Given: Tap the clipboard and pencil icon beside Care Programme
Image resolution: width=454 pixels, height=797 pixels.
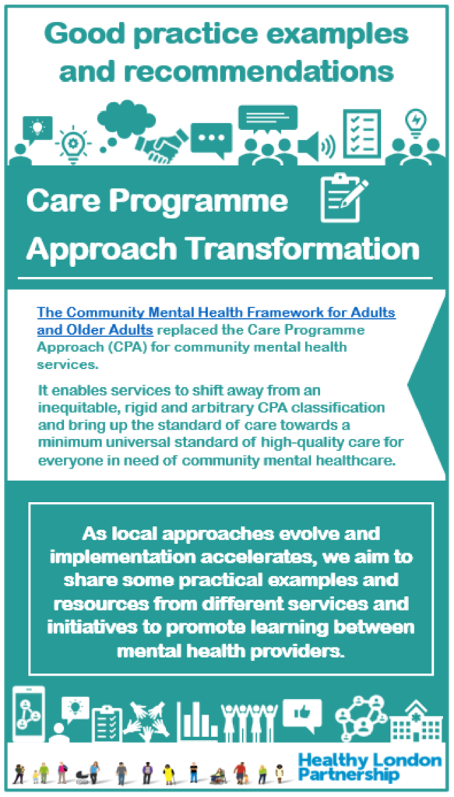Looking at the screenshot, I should (x=343, y=201).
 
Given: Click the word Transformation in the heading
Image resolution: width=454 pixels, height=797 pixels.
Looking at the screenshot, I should (x=304, y=249).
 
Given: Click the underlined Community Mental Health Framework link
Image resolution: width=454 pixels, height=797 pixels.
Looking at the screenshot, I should (x=216, y=320).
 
